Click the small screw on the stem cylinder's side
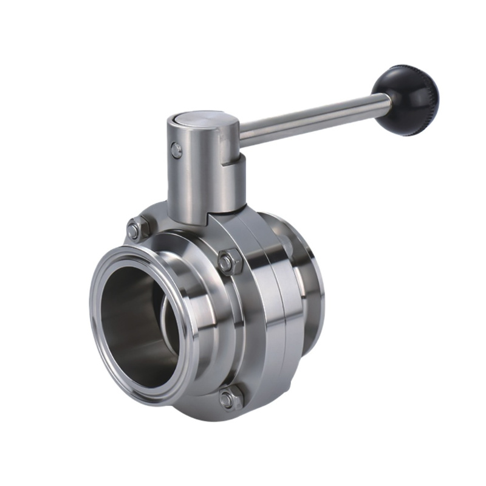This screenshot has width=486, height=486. coord(176,149)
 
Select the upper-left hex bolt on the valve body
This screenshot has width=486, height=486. coord(135,230)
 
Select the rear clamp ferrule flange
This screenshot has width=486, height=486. coord(313,286)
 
